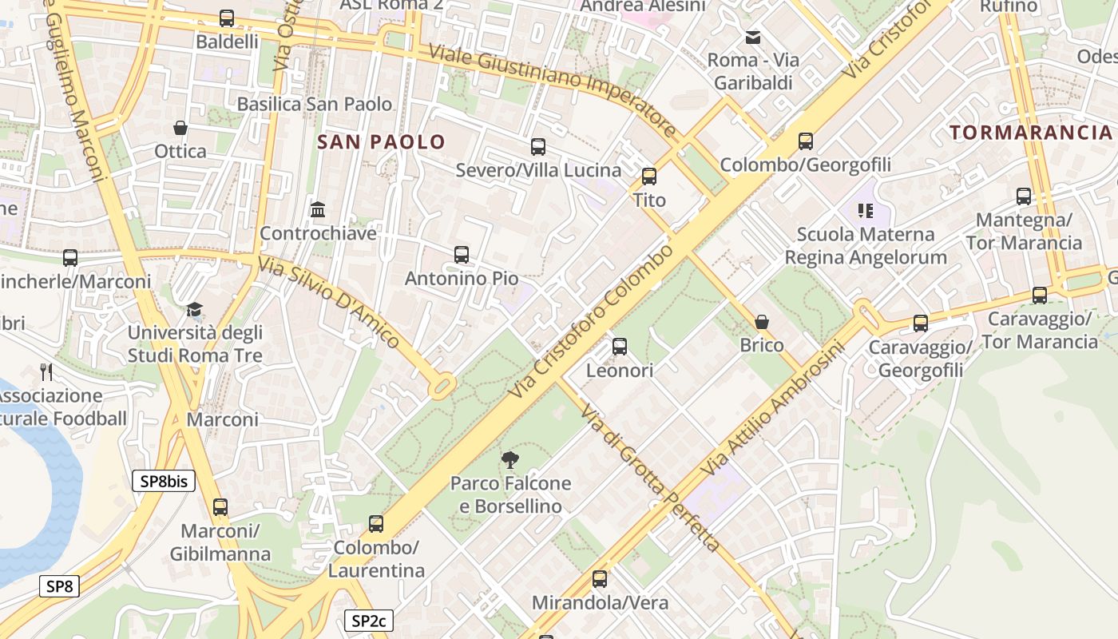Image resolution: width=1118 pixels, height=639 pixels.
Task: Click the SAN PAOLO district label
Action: [381, 142]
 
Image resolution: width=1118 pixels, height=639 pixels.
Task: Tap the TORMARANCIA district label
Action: [1030, 133]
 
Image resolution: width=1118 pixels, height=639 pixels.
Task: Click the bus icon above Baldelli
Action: [227, 18]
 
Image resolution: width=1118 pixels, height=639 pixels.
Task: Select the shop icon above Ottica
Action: [180, 128]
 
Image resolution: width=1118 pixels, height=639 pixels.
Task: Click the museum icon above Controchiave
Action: [318, 210]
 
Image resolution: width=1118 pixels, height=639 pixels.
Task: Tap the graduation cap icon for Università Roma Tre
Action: [194, 309]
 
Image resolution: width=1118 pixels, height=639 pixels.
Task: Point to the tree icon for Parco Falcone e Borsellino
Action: [510, 459]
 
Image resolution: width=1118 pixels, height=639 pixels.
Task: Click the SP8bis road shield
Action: [164, 481]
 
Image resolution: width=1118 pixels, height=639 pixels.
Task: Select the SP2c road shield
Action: [369, 621]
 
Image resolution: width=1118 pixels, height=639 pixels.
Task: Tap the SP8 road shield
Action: [60, 586]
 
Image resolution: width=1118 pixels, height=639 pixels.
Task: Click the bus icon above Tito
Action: [649, 177]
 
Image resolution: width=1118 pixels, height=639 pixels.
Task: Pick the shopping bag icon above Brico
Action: [762, 322]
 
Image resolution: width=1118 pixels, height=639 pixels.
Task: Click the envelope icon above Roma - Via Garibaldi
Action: [752, 37]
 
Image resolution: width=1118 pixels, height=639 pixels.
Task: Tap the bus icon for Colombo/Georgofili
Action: [806, 141]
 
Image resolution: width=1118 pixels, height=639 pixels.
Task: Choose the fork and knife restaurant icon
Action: [46, 371]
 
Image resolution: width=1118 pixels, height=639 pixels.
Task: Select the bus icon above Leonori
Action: [620, 347]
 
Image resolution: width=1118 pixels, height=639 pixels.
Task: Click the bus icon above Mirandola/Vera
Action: [600, 579]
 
